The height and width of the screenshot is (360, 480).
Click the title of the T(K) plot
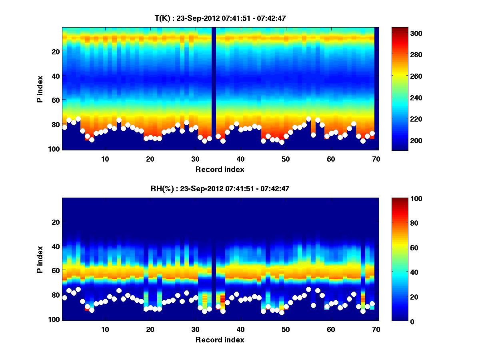point(220,18)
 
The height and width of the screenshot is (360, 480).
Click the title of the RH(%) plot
point(220,189)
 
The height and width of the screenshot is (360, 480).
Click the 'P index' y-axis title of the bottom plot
point(40,259)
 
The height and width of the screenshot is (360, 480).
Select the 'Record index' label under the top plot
point(220,169)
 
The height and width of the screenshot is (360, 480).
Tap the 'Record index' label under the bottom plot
point(220,340)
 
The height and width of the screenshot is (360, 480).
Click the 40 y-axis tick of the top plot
point(56,76)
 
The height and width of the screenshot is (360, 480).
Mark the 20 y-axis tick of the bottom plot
point(56,222)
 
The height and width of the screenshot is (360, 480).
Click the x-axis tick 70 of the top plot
point(376,158)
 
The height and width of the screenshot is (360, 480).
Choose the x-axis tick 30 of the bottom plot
point(195,329)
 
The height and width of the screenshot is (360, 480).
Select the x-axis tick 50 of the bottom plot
point(286,329)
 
